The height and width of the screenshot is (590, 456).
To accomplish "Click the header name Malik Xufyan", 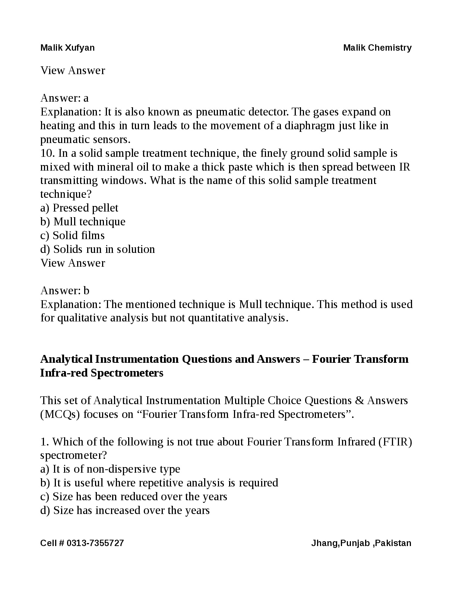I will click(x=67, y=48).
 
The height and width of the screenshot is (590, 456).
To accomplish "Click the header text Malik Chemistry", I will click(x=377, y=48).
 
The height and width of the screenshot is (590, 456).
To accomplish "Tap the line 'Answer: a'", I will click(x=64, y=98).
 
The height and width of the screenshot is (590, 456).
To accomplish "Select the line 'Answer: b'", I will click(x=65, y=291).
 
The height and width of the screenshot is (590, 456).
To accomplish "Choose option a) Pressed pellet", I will click(x=79, y=208).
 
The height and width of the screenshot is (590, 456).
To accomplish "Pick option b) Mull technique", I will click(x=83, y=222).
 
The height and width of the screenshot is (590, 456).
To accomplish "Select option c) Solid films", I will click(x=73, y=235).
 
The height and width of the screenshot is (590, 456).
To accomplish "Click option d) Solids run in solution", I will click(x=98, y=249).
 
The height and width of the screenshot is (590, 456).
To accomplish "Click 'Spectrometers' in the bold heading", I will click(x=127, y=373).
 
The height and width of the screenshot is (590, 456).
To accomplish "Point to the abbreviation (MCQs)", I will click(x=60, y=414).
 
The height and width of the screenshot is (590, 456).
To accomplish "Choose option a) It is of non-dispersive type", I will click(x=110, y=469).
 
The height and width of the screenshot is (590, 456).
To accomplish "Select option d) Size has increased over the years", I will click(x=125, y=510).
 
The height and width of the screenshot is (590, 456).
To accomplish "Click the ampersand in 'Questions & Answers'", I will click(x=359, y=400).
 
